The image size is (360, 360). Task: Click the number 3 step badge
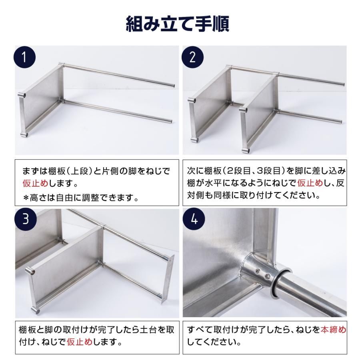(25, 220)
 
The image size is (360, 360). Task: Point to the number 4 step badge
(192, 220)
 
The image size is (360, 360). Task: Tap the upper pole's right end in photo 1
(172, 85)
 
